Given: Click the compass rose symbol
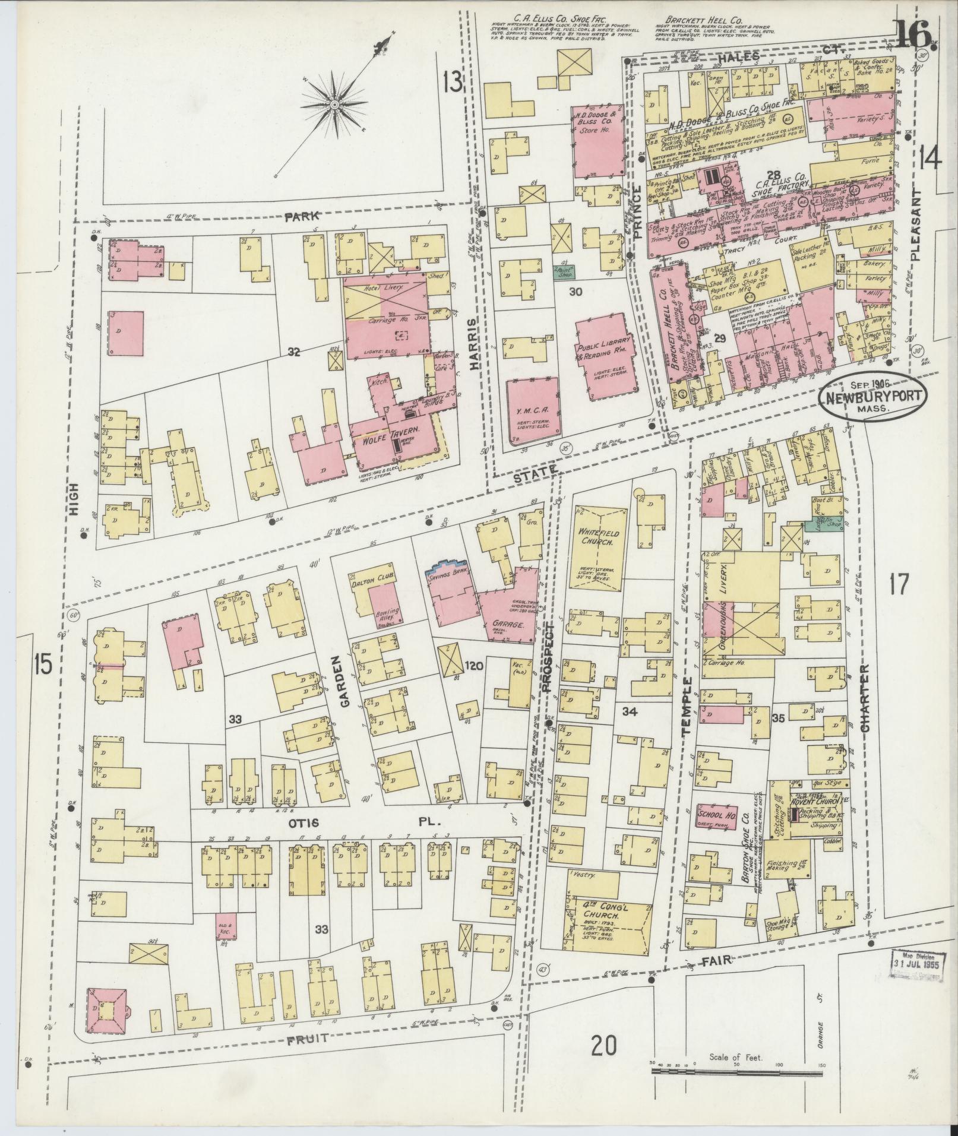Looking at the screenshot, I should pos(334,105).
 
